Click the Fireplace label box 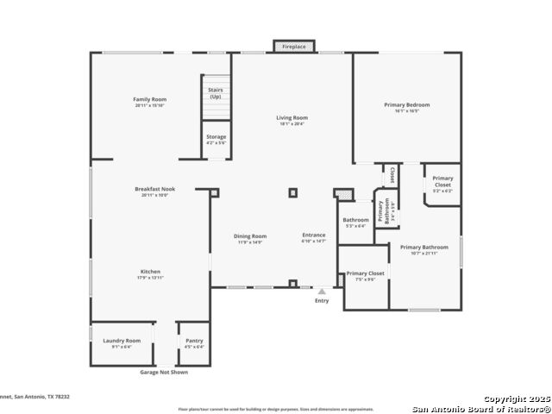coord(294,47)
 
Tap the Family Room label coord(149,100)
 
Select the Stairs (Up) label coord(216,93)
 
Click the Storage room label coord(216,136)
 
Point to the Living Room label coord(292,118)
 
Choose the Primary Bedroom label coord(407,104)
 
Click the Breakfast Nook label coord(149,189)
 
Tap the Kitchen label coord(150,272)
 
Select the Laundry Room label coord(122,341)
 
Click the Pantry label coord(194,341)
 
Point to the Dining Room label coord(250,236)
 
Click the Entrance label coord(314,235)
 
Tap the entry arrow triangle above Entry coord(322,292)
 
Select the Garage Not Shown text coord(164,372)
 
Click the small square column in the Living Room coord(293,193)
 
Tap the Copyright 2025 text coord(516,398)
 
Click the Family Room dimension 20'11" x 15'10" coord(149,105)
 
